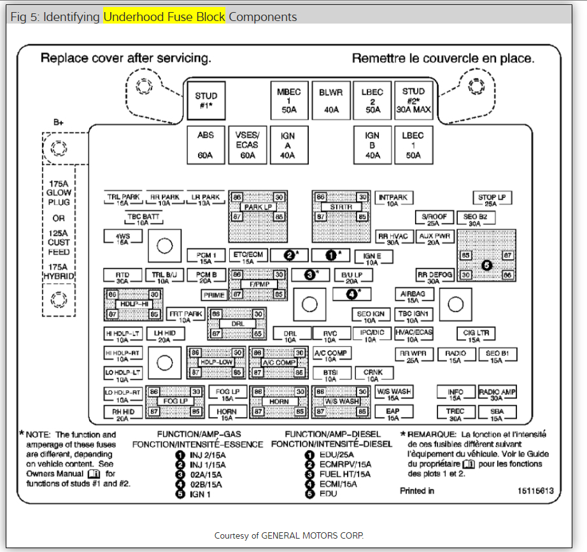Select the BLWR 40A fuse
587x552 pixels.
tap(330, 101)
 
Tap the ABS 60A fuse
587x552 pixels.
tap(205, 145)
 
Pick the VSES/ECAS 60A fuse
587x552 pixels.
tap(246, 145)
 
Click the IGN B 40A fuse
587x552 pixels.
tap(372, 145)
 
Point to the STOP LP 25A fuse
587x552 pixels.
tap(492, 200)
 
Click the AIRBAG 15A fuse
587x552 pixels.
tap(413, 297)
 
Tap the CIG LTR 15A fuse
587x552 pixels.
tap(474, 335)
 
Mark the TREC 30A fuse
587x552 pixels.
tap(455, 414)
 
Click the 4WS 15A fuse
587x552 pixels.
tap(122, 238)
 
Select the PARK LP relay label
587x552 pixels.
tap(257, 208)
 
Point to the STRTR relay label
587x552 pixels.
tap(341, 208)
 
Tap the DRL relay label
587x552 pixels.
tap(238, 323)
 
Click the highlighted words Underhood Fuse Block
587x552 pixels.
tap(164, 17)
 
